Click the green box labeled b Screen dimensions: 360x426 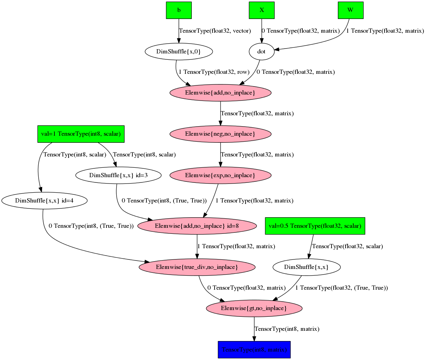179,10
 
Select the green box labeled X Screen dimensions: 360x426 262,10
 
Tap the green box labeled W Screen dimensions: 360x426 350,10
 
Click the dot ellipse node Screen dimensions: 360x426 261,52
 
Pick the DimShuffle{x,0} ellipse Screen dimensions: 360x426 179,52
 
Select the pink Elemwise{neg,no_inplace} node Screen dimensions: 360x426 220,134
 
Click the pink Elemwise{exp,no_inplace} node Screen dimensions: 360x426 220,175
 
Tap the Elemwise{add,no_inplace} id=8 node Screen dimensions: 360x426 197,226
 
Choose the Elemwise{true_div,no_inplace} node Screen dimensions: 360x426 197,267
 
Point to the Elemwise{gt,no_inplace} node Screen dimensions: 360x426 254,308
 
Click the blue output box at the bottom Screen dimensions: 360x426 254,350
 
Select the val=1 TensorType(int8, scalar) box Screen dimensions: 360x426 81,134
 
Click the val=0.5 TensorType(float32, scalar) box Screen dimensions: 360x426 315,226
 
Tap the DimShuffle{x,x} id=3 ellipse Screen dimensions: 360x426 118,175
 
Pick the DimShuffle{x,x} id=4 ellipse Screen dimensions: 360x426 44,201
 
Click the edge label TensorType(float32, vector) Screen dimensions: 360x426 215,31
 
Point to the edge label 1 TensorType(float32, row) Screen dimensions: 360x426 214,72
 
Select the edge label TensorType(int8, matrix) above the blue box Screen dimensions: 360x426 287,329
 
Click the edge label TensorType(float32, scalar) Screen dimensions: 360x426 347,246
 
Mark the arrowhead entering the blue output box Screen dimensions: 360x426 254,339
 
